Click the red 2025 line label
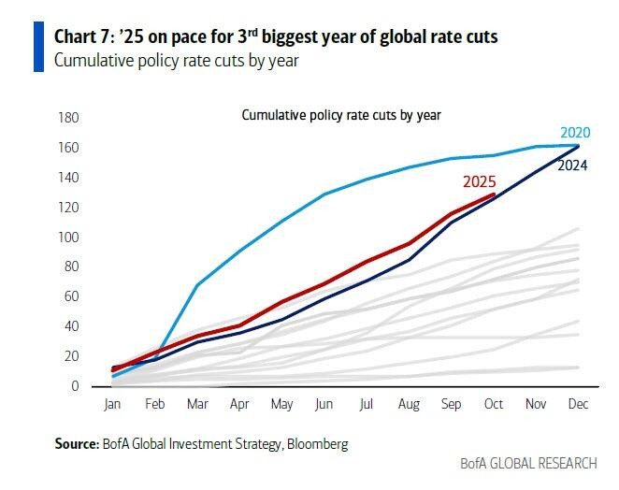pyautogui.click(x=478, y=183)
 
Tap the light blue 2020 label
pyautogui.click(x=576, y=133)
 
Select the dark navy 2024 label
pyautogui.click(x=573, y=166)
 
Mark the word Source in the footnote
pyautogui.click(x=76, y=445)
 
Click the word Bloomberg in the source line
pyautogui.click(x=318, y=445)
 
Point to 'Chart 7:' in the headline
pyautogui.click(x=86, y=38)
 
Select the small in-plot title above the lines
pyautogui.click(x=341, y=115)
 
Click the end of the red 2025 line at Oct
pyautogui.click(x=494, y=195)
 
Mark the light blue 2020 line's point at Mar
pyautogui.click(x=198, y=284)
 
